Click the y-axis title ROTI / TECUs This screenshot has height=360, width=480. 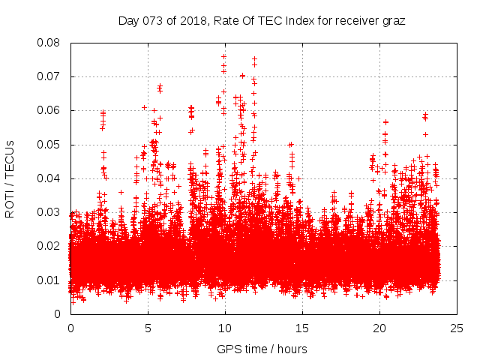(x=10, y=178)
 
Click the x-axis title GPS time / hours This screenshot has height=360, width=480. (x=262, y=349)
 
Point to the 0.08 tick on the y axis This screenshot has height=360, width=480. (x=49, y=43)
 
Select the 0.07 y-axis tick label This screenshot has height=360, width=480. (x=49, y=76)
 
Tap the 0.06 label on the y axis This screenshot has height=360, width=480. (x=49, y=110)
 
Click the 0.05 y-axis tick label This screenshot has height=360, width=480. (x=49, y=145)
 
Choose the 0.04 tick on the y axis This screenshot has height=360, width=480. (x=49, y=178)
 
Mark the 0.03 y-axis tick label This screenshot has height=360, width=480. (x=49, y=212)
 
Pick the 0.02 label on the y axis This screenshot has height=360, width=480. (x=49, y=246)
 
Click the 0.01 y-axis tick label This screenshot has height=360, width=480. (x=49, y=280)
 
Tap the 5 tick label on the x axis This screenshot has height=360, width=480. (x=148, y=328)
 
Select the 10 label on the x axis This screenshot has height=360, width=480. (x=225, y=328)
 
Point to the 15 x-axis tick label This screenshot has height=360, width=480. (x=302, y=328)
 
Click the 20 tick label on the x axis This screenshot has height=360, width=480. (x=379, y=328)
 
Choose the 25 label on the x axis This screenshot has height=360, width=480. (x=457, y=328)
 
